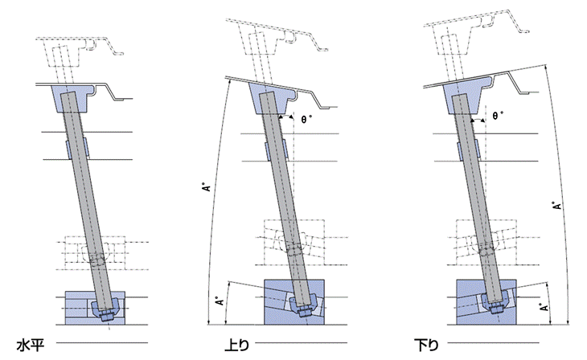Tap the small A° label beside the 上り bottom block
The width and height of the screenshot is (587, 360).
tap(219, 304)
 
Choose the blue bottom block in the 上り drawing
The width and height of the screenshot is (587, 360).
tap(276, 299)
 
